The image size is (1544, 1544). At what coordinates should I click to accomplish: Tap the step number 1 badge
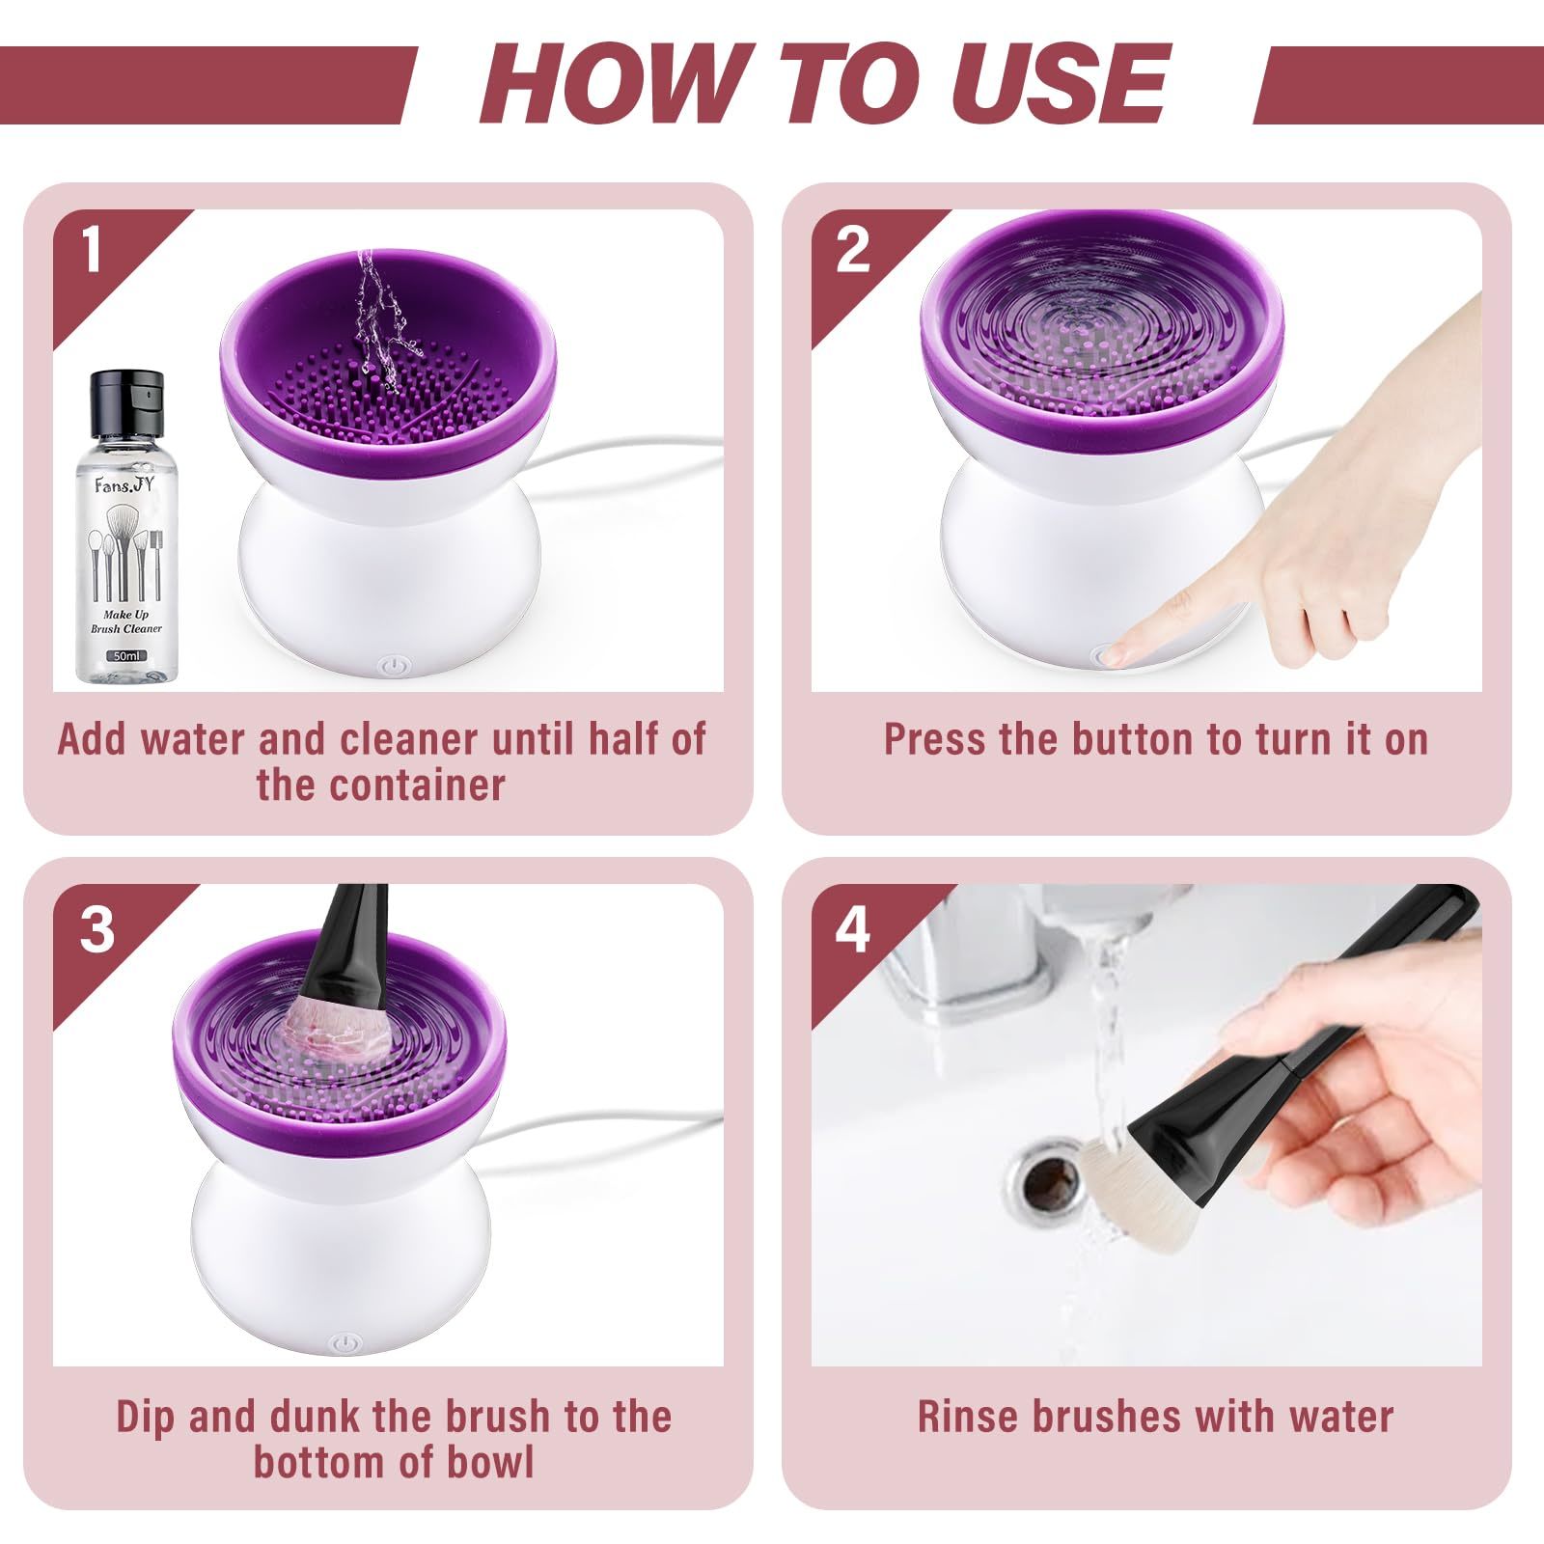pos(92,249)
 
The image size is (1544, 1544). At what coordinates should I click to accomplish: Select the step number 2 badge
pos(853,250)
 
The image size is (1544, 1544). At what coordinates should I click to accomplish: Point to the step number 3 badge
pos(96,930)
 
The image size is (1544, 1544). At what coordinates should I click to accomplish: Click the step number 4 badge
pos(853,930)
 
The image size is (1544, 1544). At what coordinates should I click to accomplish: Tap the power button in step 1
pos(393,665)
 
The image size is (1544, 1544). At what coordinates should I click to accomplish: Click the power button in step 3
pos(345,1343)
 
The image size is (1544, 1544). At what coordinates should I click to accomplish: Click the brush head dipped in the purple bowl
pos(340,1031)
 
